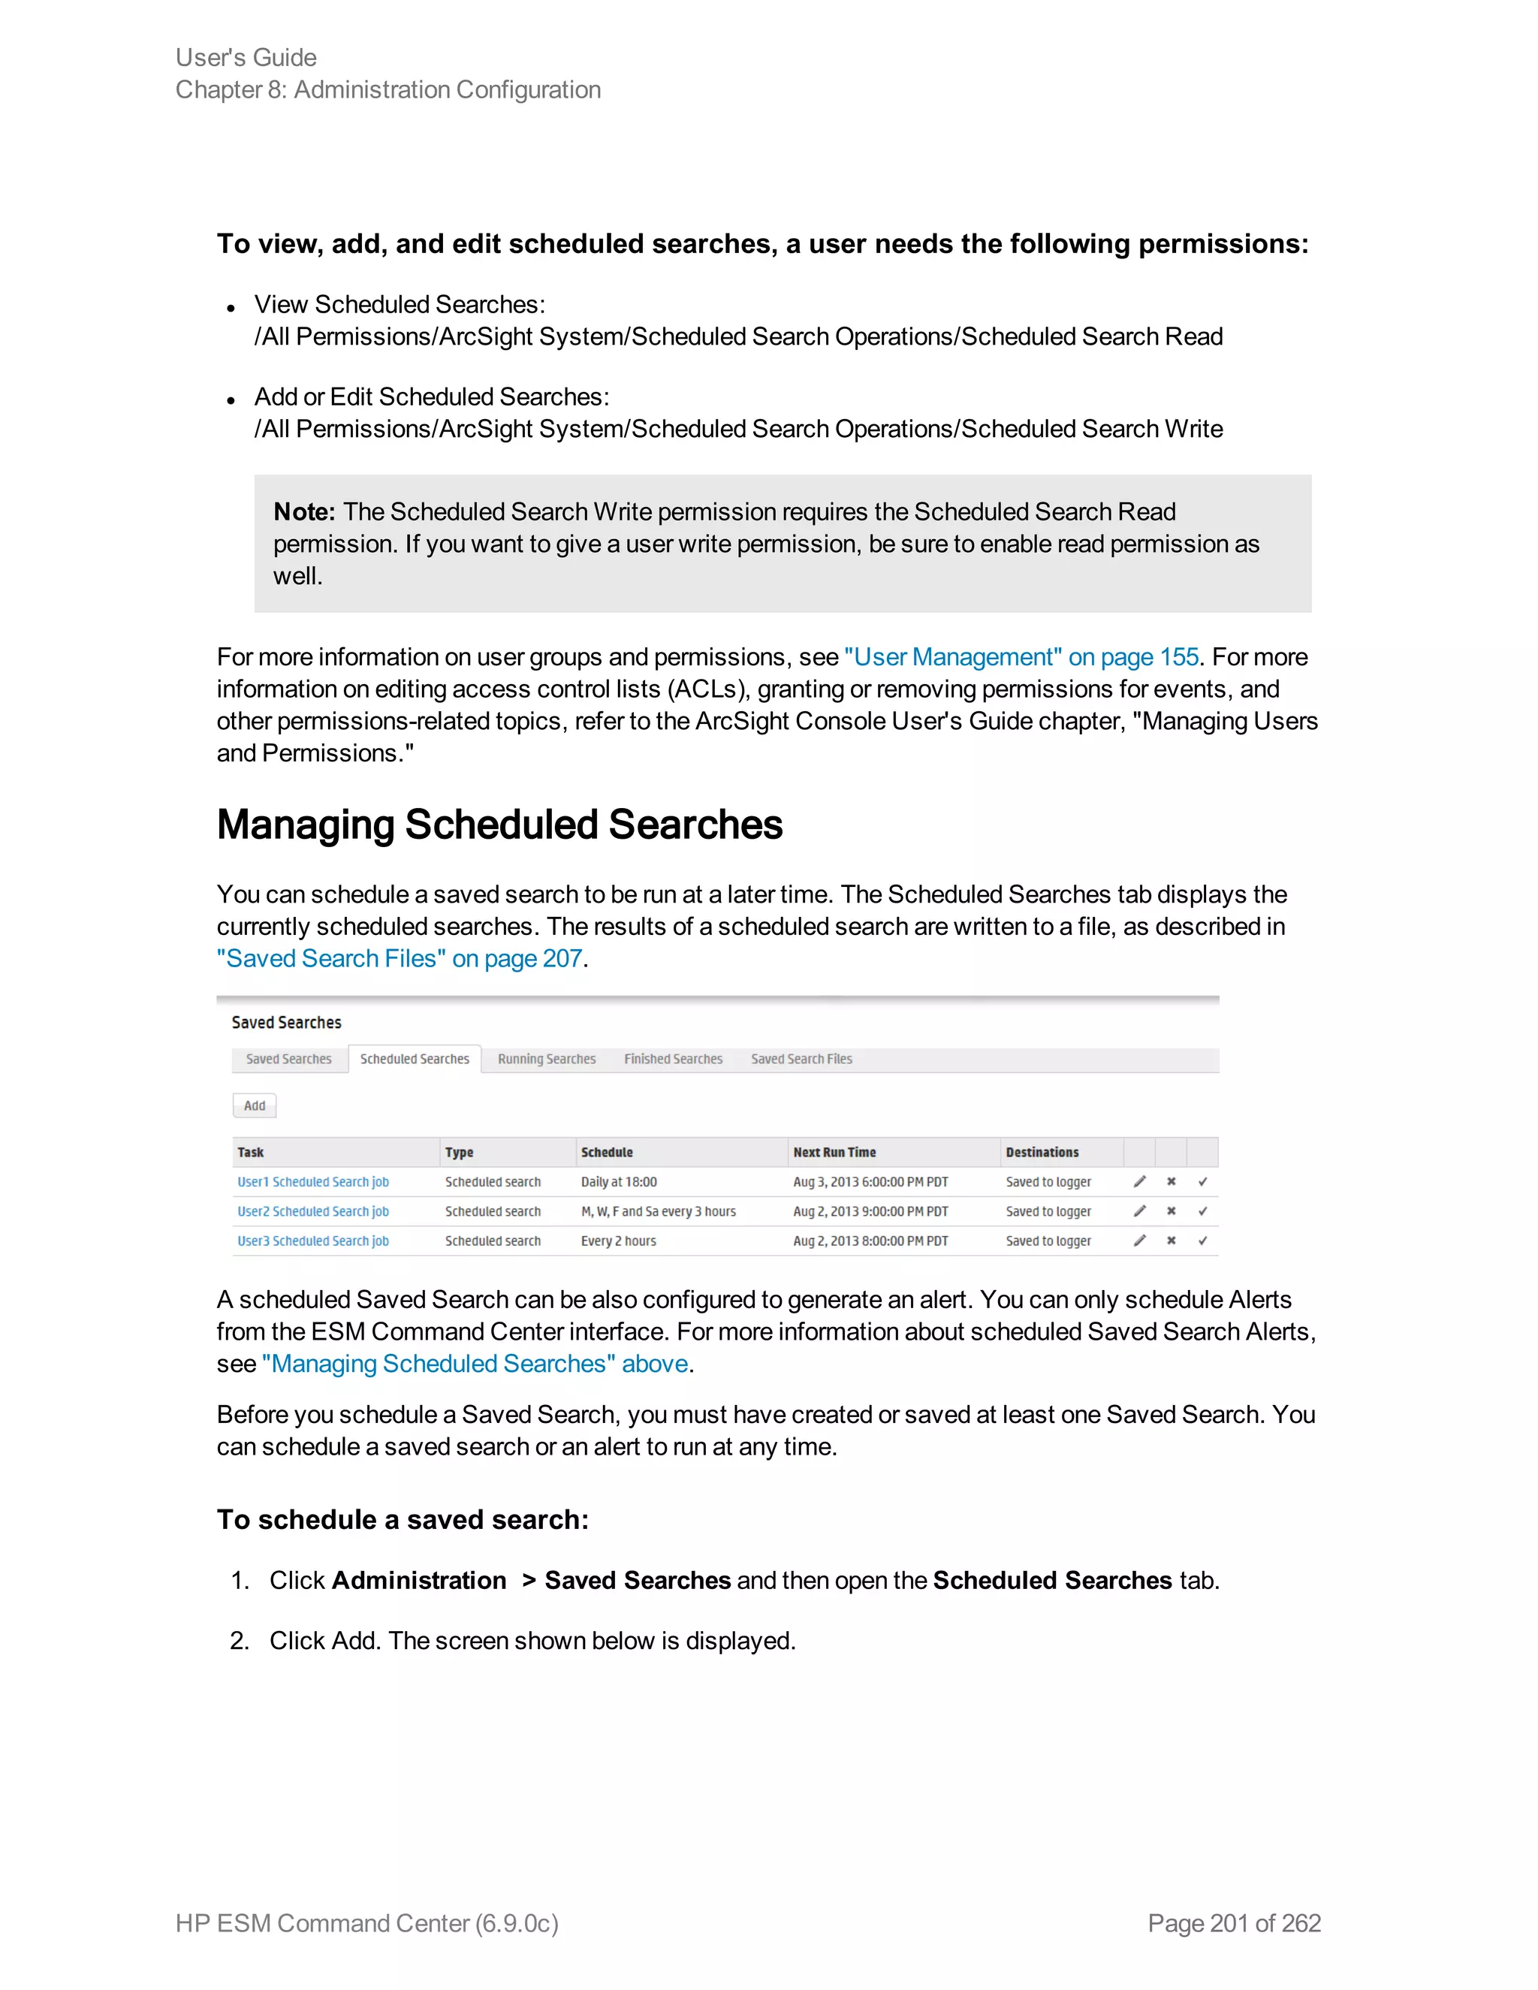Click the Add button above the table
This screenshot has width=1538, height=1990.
tap(255, 1105)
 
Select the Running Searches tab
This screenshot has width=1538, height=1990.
tap(547, 1059)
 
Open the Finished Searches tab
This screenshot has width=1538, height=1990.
tap(674, 1059)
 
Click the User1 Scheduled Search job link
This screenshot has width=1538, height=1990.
tap(312, 1182)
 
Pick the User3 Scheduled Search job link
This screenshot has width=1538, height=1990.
tap(312, 1241)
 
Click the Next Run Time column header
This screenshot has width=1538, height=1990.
tap(834, 1153)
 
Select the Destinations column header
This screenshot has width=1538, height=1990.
tap(1042, 1153)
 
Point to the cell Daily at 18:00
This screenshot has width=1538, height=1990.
tap(619, 1182)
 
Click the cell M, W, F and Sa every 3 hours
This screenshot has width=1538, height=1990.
tap(658, 1212)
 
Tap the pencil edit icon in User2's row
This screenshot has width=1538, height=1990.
tap(1139, 1212)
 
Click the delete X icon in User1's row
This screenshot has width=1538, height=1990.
tap(1171, 1182)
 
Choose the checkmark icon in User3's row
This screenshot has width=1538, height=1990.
tap(1203, 1241)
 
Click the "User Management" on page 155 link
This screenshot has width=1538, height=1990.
tap(1021, 657)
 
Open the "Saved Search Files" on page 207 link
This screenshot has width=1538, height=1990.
tap(399, 958)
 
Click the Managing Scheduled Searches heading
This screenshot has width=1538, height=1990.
tap(499, 825)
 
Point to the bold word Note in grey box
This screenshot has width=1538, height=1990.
tap(303, 512)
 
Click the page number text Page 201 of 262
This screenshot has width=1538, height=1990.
tap(1234, 1923)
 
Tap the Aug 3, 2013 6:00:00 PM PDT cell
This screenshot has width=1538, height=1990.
tap(870, 1182)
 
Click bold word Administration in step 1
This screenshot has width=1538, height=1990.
tap(418, 1580)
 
